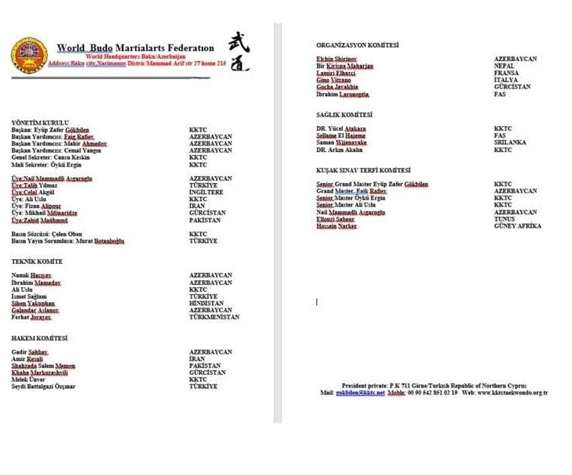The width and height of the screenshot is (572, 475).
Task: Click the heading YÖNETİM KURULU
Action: coord(40,123)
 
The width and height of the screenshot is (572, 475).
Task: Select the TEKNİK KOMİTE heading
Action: coord(37,261)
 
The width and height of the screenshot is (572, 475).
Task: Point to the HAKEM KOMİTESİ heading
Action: coord(39,338)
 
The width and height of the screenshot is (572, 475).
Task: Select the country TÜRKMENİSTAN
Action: coord(214,317)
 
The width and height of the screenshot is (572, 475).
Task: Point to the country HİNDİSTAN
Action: coord(207,304)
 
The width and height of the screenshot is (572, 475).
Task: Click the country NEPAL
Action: coord(505,67)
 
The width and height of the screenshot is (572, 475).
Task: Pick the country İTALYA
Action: coord(506,81)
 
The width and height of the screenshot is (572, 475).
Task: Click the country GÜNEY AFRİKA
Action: coord(517,226)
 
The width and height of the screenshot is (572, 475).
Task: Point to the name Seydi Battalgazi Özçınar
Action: coord(44,387)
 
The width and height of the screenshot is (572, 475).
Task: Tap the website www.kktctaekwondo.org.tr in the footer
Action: coord(516,393)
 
